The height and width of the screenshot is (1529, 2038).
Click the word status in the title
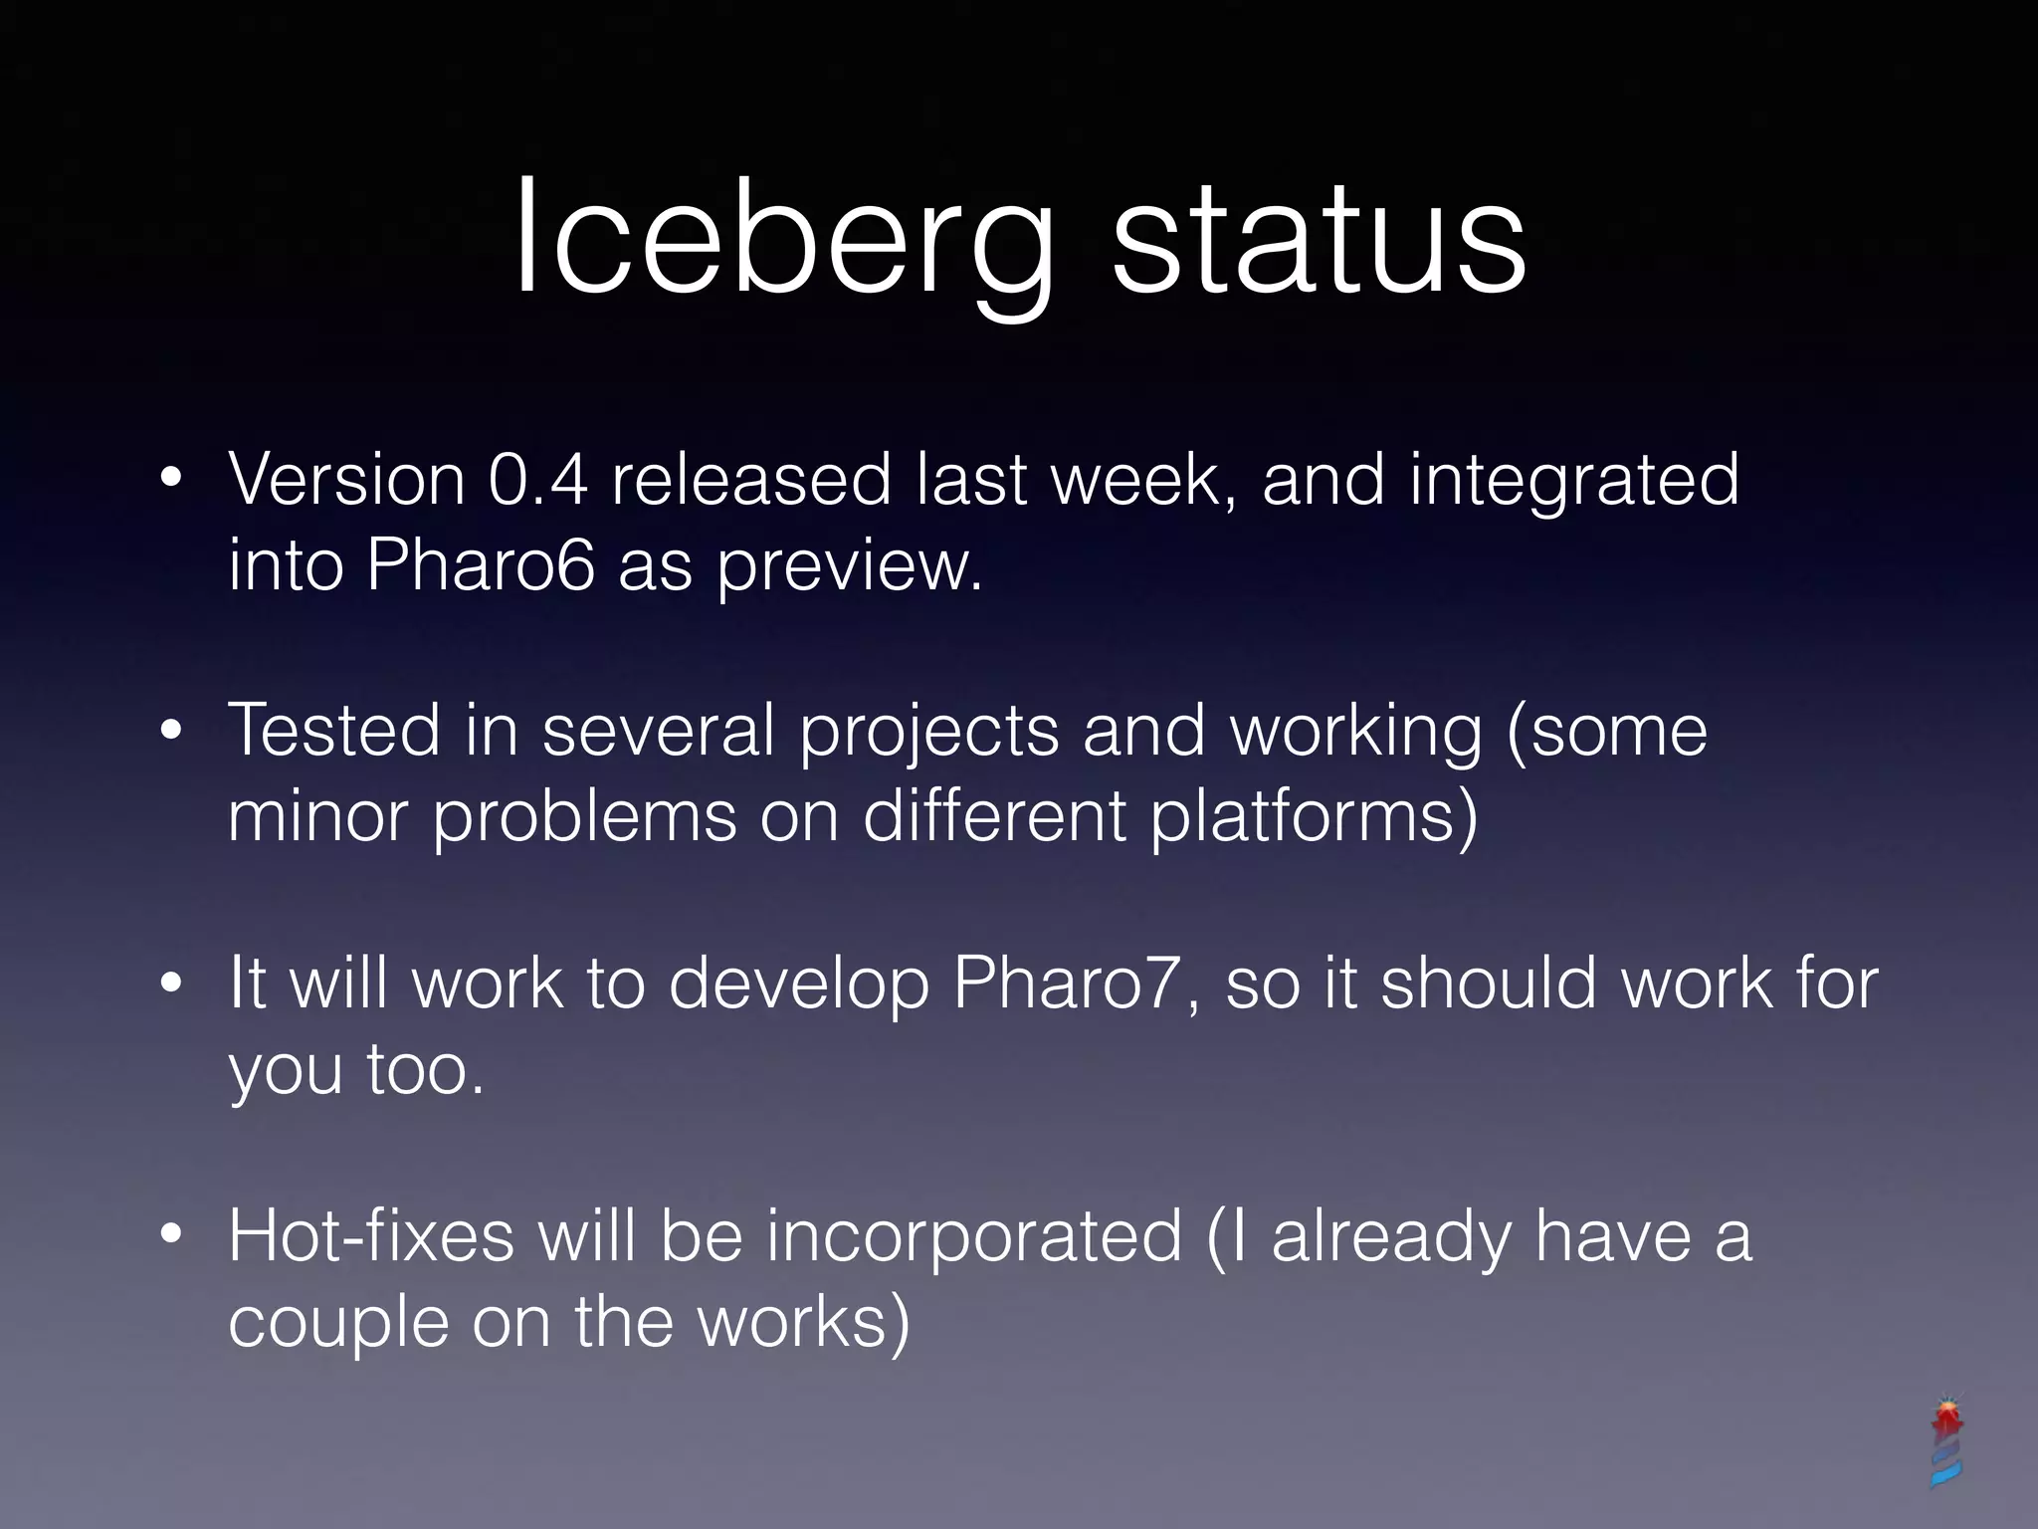(x=1319, y=239)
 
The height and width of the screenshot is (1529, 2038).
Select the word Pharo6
(x=481, y=565)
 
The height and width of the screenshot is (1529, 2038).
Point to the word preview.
(x=849, y=567)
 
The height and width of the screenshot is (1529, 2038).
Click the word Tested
(x=333, y=731)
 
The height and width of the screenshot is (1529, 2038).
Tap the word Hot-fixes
(x=371, y=1236)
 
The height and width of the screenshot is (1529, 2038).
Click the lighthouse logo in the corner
(x=1946, y=1443)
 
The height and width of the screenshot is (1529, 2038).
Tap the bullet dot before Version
(x=171, y=478)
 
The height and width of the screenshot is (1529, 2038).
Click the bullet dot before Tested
(x=171, y=731)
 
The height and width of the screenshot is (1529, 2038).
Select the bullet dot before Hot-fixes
(x=171, y=1235)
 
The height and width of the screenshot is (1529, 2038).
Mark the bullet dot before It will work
(x=171, y=983)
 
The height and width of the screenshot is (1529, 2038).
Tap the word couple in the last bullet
(x=338, y=1324)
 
